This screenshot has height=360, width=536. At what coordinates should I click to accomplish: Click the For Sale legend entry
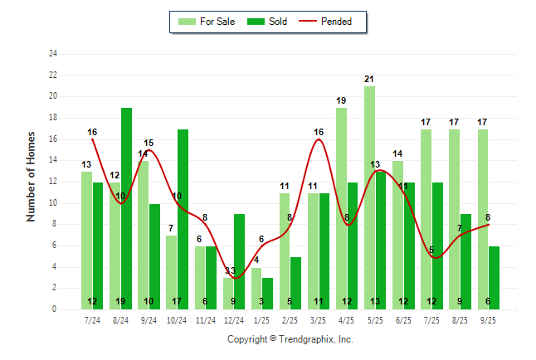(x=207, y=22)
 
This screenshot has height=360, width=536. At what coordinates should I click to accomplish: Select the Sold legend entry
(x=270, y=22)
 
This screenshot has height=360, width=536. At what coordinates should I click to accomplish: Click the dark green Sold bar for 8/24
(x=126, y=207)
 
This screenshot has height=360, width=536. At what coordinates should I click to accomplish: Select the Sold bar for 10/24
(x=183, y=219)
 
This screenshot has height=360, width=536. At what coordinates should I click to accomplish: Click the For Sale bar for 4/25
(x=341, y=207)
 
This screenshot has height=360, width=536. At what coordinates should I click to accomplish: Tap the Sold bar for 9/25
(x=495, y=277)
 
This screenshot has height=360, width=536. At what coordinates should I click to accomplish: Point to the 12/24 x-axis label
(x=234, y=318)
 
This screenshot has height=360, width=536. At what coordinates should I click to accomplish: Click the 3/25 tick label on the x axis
(x=319, y=318)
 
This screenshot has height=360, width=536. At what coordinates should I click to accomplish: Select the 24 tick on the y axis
(x=54, y=54)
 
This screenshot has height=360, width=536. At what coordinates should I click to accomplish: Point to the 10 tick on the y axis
(x=54, y=202)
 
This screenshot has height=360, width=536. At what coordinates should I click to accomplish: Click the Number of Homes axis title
(x=32, y=176)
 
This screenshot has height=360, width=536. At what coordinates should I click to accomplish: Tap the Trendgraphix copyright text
(x=290, y=339)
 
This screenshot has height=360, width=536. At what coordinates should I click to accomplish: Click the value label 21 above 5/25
(x=369, y=80)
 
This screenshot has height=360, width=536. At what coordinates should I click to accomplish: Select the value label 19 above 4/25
(x=341, y=100)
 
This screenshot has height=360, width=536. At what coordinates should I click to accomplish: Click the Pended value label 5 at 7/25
(x=431, y=250)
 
